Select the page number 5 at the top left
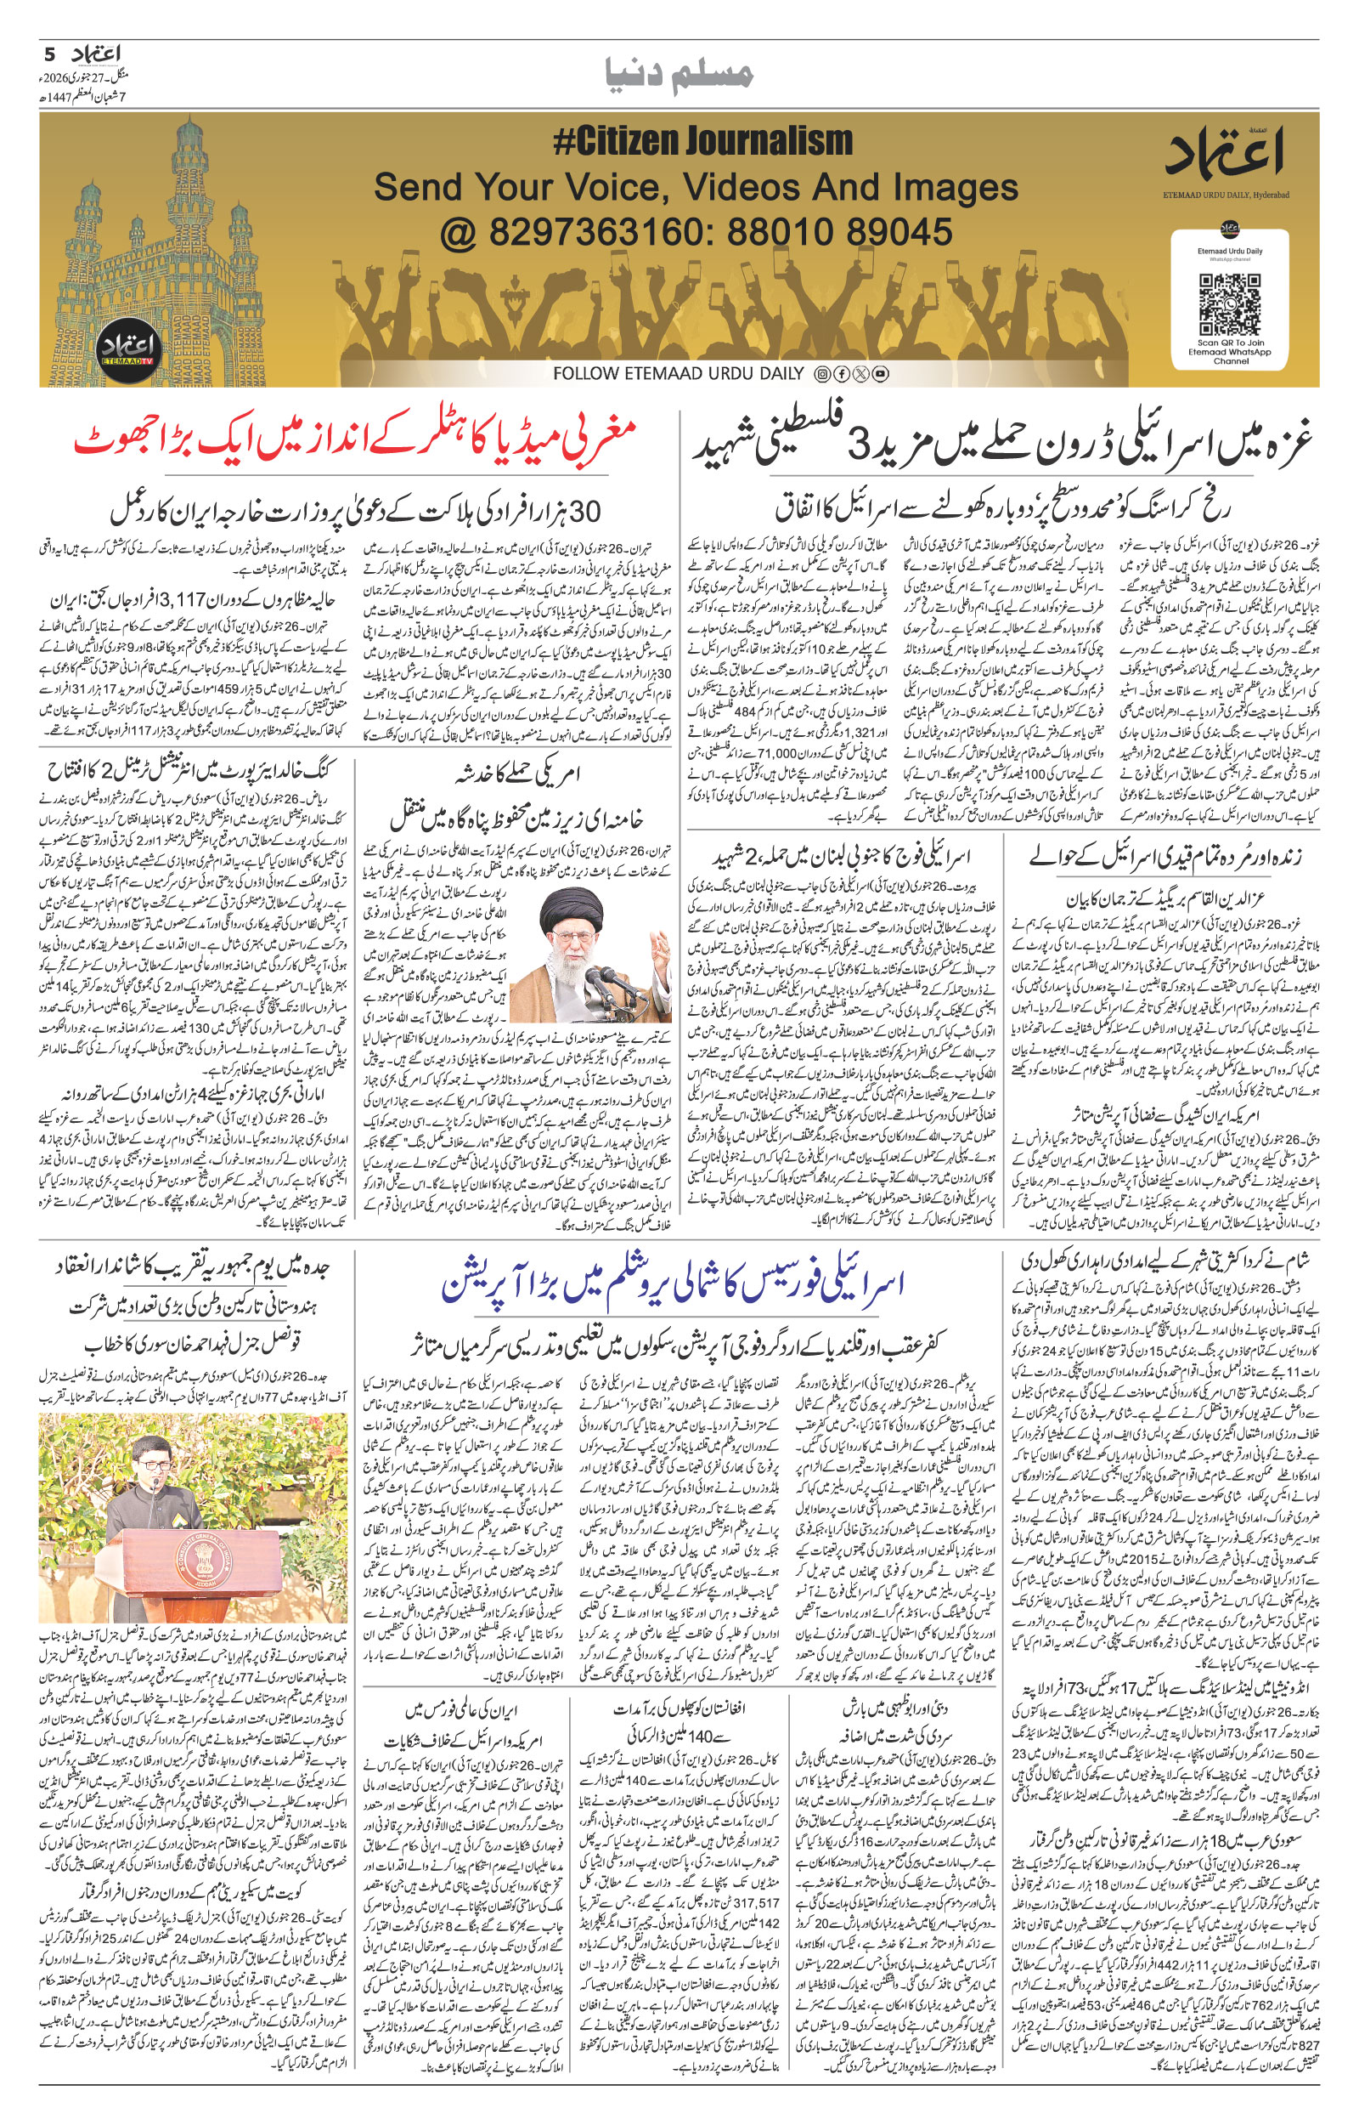coord(49,54)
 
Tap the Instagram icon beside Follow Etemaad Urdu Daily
coord(822,374)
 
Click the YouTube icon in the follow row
coord(880,374)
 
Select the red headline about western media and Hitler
coord(355,441)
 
